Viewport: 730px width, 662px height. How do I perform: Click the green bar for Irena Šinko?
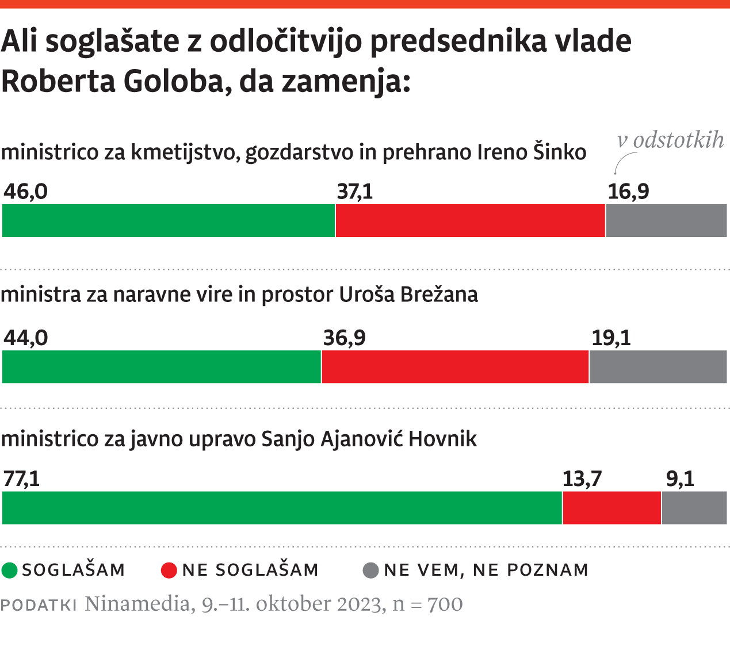click(x=169, y=220)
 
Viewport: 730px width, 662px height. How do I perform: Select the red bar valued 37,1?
click(x=470, y=220)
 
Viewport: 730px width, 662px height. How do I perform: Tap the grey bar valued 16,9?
click(x=666, y=220)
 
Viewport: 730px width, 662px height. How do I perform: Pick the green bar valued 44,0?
click(x=162, y=366)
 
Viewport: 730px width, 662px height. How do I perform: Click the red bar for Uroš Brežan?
click(x=455, y=366)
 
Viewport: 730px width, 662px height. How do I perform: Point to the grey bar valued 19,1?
click(x=658, y=366)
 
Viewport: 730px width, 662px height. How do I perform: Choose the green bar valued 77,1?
click(x=282, y=508)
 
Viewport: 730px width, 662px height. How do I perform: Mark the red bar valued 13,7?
click(x=611, y=508)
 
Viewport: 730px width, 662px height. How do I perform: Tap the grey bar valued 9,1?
click(x=694, y=508)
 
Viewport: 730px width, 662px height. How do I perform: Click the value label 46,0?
click(x=26, y=192)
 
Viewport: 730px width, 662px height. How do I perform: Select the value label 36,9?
click(x=344, y=338)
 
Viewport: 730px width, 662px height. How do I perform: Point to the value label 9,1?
click(x=680, y=479)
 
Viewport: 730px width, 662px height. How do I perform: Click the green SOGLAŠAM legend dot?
click(x=10, y=570)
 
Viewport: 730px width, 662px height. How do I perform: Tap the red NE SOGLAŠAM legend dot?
click(x=169, y=570)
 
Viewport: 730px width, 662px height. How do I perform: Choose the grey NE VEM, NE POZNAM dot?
click(x=371, y=570)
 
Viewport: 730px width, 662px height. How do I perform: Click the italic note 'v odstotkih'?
click(x=670, y=140)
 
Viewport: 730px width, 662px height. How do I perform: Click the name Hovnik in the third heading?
click(x=442, y=439)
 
